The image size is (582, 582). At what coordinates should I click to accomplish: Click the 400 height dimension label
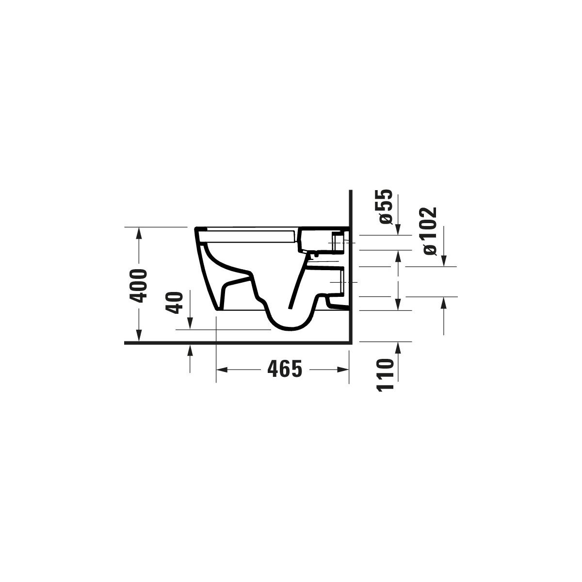click(138, 285)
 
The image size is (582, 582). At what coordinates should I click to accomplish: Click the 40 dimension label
click(174, 303)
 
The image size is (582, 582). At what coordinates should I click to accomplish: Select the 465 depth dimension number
click(285, 369)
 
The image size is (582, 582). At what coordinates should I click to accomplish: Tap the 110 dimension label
click(386, 375)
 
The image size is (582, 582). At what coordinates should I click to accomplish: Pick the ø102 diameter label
click(430, 231)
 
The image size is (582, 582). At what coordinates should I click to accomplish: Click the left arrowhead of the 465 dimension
click(222, 370)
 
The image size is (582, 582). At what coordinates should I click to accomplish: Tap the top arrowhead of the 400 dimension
click(139, 233)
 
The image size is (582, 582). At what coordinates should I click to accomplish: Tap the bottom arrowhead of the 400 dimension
click(139, 336)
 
